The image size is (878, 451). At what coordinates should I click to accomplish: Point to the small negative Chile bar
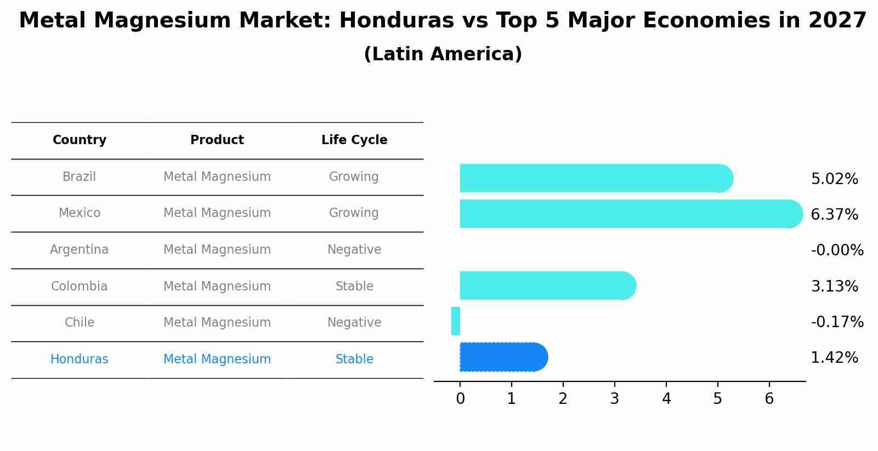click(x=455, y=321)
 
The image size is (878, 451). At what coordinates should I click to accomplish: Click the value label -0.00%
click(x=837, y=250)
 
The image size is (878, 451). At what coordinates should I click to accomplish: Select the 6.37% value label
click(x=834, y=215)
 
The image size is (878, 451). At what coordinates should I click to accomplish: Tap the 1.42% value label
click(x=834, y=358)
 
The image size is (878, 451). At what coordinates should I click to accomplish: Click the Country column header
click(x=80, y=140)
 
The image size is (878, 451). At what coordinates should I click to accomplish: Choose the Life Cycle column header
click(x=354, y=140)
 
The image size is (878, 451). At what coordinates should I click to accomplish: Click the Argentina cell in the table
click(x=80, y=250)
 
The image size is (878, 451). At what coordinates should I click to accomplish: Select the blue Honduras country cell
click(x=80, y=359)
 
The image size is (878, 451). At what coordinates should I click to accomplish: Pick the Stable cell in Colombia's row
click(x=354, y=287)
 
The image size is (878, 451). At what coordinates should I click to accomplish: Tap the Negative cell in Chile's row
click(x=354, y=323)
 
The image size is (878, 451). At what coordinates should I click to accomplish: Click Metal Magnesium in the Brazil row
click(x=217, y=177)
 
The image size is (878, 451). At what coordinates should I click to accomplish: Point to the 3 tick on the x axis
click(x=614, y=399)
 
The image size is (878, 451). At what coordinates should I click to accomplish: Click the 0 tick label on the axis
click(x=460, y=399)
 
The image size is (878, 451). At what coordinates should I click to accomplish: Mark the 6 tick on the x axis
click(x=769, y=399)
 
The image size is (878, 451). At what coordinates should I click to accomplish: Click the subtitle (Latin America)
click(x=443, y=54)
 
